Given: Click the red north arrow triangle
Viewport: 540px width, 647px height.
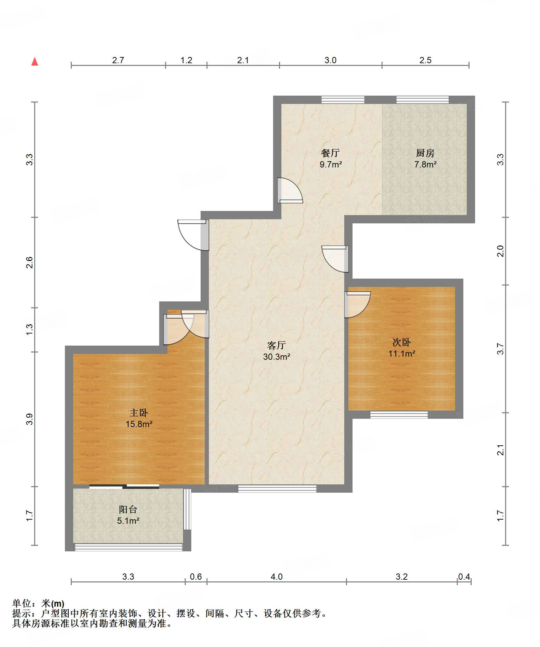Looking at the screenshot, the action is click(35, 61).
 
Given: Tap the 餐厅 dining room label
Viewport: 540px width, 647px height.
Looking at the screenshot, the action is click(330, 153).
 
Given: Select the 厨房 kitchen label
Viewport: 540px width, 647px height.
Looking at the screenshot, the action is click(425, 153).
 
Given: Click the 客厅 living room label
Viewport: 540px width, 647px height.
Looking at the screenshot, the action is click(277, 345).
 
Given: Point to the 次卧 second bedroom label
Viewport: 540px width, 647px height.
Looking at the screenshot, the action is click(402, 342).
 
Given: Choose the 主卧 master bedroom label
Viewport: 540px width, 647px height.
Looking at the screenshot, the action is click(139, 413).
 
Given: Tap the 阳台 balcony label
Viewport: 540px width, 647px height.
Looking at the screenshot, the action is click(128, 509).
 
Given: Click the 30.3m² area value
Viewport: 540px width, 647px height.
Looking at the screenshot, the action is click(277, 357).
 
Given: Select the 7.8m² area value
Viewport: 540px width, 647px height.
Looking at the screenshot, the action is click(425, 164).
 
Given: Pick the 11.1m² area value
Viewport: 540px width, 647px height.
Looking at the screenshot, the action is click(402, 354).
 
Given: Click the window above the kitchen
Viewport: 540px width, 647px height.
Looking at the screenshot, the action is click(423, 100).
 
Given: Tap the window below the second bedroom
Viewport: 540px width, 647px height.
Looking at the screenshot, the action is click(399, 415).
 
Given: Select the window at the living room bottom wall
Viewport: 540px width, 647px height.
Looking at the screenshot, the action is click(277, 489).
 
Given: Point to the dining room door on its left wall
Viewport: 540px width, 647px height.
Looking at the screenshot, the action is click(290, 190).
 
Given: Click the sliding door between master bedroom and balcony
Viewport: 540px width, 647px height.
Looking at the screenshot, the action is click(124, 487).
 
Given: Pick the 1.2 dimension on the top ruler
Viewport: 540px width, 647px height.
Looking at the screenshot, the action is click(186, 60).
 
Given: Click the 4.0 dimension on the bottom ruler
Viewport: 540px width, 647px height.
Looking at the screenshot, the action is click(277, 577).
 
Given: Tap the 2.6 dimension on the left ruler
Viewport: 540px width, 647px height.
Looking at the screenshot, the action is click(30, 263).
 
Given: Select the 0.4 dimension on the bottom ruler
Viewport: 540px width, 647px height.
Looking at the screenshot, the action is click(464, 577).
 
